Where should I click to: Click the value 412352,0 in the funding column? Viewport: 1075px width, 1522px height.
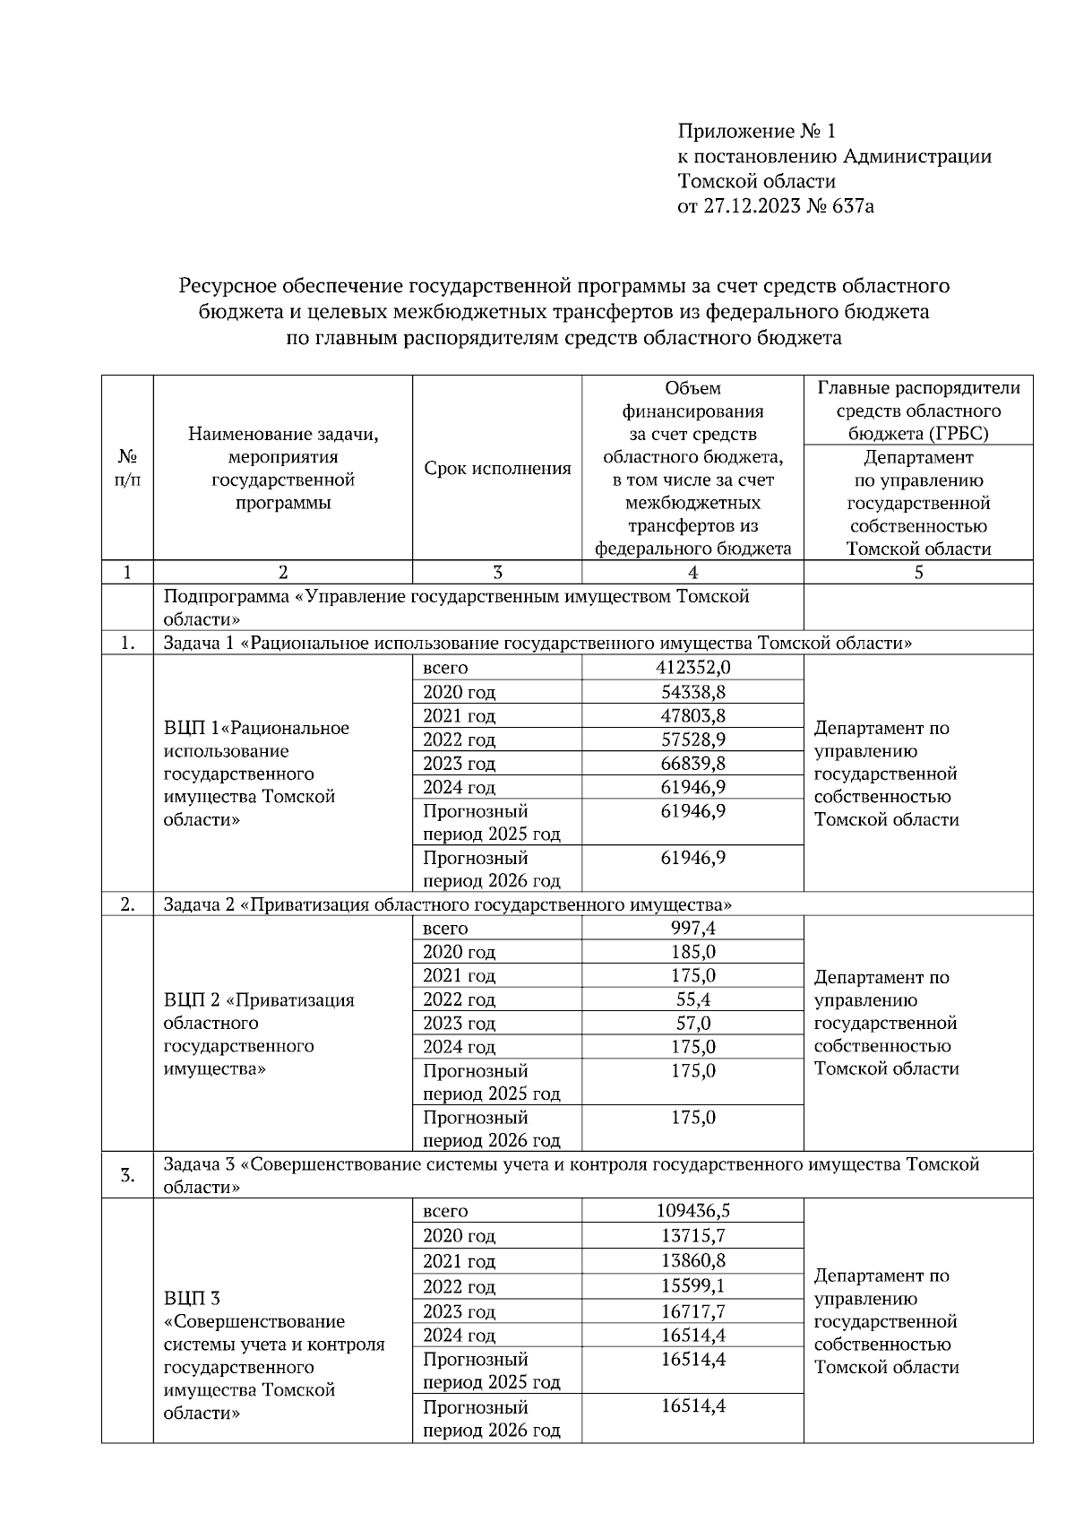[692, 668]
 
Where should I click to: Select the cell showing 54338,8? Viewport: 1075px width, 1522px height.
[692, 692]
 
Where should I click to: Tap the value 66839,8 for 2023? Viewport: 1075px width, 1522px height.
[692, 763]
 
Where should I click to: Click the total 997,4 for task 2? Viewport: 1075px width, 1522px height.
[692, 928]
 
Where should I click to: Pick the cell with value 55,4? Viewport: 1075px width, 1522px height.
[692, 999]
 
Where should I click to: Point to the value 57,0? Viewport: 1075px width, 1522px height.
[692, 1023]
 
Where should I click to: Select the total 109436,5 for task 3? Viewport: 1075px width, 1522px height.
[692, 1211]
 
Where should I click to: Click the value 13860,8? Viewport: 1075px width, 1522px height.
[692, 1261]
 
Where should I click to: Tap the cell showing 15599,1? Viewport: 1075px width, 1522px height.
[692, 1286]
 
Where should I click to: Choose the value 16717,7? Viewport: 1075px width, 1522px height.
[692, 1311]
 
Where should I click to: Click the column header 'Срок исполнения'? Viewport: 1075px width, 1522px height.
[497, 468]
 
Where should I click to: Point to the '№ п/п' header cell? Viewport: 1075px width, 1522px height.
[127, 468]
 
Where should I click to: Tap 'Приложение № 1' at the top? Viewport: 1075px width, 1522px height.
[756, 132]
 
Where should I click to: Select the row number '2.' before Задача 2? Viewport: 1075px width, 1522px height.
[127, 904]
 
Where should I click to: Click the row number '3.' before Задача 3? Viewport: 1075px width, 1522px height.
[127, 1175]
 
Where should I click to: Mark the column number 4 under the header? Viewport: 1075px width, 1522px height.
[692, 573]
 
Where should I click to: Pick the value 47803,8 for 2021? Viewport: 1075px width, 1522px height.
[692, 715]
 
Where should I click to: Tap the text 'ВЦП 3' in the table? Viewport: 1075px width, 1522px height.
[192, 1298]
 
